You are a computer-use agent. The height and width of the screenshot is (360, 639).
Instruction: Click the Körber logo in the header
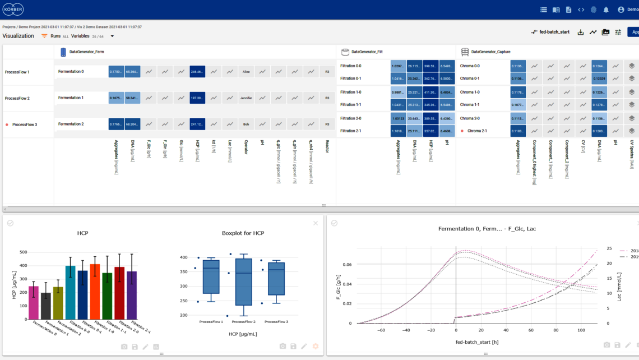pyautogui.click(x=13, y=10)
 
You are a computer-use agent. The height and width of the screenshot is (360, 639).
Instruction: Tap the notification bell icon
pyautogui.click(x=606, y=10)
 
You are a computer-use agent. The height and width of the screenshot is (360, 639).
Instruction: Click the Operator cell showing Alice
pyautogui.click(x=246, y=72)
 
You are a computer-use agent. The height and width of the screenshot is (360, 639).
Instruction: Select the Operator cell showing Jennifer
pyautogui.click(x=246, y=98)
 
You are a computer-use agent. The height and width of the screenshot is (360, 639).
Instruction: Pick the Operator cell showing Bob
pyautogui.click(x=246, y=124)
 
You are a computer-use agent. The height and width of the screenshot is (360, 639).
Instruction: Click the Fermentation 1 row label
pyautogui.click(x=71, y=98)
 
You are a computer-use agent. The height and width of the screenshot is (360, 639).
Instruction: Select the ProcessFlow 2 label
pyautogui.click(x=17, y=98)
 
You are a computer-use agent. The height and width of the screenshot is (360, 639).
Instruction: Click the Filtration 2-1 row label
pyautogui.click(x=350, y=131)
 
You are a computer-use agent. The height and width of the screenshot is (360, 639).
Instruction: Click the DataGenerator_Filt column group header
pyautogui.click(x=367, y=52)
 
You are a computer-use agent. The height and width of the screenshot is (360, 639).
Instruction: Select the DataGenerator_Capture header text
pyautogui.click(x=490, y=52)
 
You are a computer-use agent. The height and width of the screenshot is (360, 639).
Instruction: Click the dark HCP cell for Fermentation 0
pyautogui.click(x=197, y=72)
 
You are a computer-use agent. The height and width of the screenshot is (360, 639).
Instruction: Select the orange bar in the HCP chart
pyautogui.click(x=95, y=292)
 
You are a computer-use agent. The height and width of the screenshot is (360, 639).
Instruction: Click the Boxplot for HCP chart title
pyautogui.click(x=243, y=233)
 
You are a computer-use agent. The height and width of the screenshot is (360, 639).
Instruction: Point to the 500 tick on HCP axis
pyautogui.click(x=23, y=252)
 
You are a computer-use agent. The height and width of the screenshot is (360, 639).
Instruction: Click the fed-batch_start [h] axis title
pyautogui.click(x=476, y=342)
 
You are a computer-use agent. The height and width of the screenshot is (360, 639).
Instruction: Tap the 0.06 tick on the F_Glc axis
pyautogui.click(x=347, y=264)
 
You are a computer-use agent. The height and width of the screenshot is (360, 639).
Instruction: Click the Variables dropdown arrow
pyautogui.click(x=112, y=36)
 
